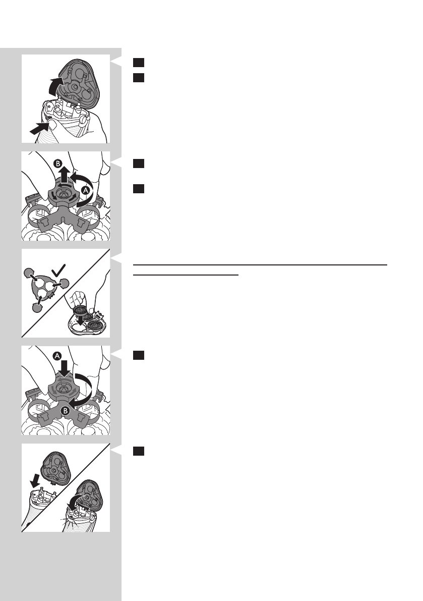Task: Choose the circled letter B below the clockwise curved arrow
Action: point(65,411)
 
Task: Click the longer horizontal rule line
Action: point(260,264)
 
